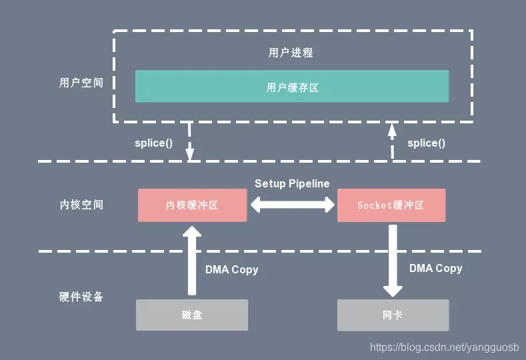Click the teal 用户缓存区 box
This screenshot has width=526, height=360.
[x=292, y=86]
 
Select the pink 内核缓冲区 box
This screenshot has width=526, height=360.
[x=192, y=205]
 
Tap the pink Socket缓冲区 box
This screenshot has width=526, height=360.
[x=391, y=205]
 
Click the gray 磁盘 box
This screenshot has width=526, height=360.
[x=192, y=315]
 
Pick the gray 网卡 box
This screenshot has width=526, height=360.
[x=393, y=315]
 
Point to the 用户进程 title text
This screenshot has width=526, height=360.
[x=291, y=53]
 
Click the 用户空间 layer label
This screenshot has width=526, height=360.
[x=81, y=83]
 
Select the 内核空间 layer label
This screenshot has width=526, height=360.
[x=81, y=205]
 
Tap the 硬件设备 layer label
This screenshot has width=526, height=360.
[x=81, y=297]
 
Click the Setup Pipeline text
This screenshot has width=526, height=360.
[x=292, y=183]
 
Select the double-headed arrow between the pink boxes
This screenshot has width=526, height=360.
[x=292, y=205]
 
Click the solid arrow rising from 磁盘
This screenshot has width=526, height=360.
[x=192, y=261]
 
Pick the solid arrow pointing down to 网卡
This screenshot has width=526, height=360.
[x=393, y=261]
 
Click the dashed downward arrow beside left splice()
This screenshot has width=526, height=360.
[x=189, y=141]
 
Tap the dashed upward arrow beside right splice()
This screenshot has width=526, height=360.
[x=392, y=141]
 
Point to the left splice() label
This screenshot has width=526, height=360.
[x=153, y=143]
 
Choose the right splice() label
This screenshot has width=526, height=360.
[x=427, y=143]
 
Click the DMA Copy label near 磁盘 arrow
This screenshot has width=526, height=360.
[x=232, y=270]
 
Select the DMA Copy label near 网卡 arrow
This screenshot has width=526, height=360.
[x=436, y=269]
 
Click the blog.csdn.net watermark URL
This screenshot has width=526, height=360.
[x=445, y=347]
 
